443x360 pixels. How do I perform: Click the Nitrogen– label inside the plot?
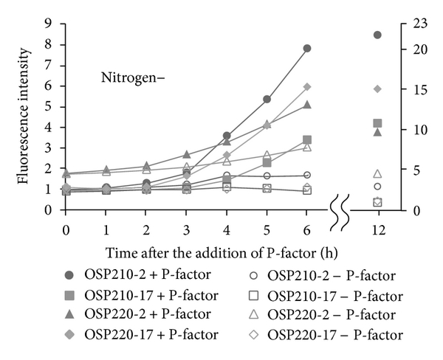click(132, 77)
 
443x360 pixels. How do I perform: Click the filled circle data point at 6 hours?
click(307, 49)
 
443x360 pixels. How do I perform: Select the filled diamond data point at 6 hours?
click(307, 87)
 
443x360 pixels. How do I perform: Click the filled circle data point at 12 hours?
click(378, 35)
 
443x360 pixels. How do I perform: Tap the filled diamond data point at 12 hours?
click(378, 89)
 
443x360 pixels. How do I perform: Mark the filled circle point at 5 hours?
click(267, 99)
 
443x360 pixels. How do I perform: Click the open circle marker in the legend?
click(253, 277)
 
